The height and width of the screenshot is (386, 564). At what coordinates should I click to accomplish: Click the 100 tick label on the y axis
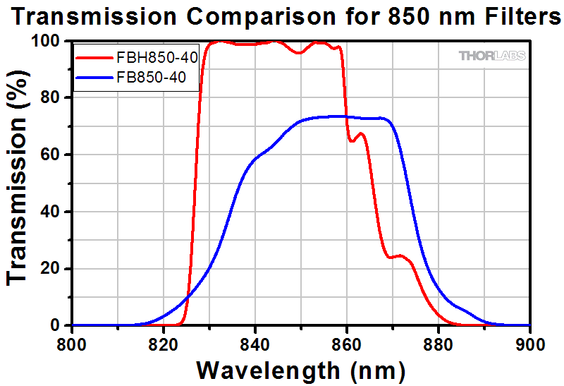49,41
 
